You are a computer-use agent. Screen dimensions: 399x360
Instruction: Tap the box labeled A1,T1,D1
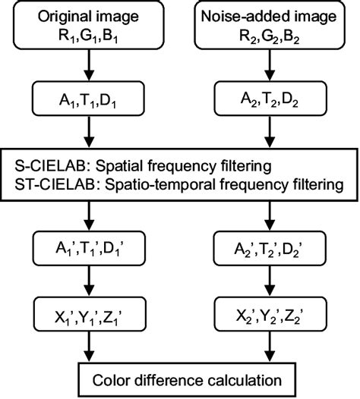90,100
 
